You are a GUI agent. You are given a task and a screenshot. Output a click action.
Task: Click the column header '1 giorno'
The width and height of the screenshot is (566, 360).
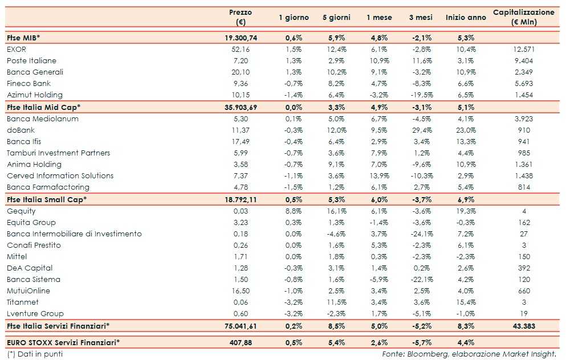[294, 18]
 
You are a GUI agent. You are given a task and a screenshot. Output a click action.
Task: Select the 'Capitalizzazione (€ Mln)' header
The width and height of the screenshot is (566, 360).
[523, 17]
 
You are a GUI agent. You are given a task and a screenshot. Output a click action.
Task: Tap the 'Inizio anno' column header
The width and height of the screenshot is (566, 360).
[466, 18]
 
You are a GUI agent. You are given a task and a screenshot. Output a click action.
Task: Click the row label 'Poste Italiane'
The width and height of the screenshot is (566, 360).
[31, 60]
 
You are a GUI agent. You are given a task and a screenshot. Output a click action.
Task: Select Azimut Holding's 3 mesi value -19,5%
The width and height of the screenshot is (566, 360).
[421, 95]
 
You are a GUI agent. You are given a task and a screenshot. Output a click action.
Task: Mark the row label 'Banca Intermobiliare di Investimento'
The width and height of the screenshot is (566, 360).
[74, 234]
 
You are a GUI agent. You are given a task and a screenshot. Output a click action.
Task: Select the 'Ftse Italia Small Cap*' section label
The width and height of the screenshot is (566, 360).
[46, 199]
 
